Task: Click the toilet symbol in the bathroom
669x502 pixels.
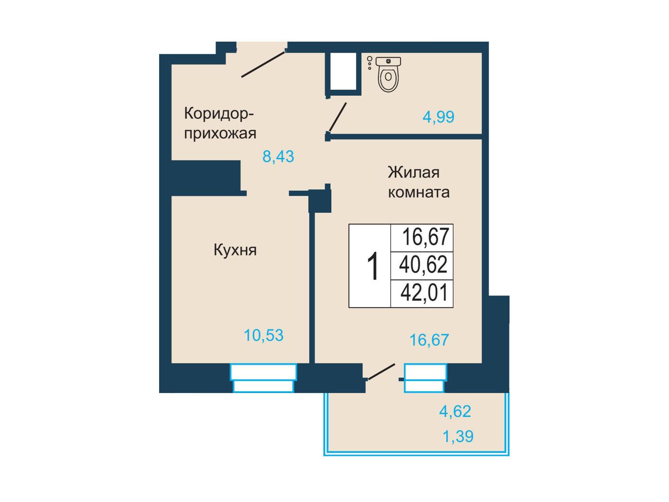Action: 388,74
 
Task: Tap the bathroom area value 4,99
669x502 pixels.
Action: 438,117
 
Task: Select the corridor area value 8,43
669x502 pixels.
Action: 278,156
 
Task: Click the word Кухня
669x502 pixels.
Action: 235,250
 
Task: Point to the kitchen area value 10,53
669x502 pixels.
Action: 264,335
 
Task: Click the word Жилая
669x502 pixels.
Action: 414,172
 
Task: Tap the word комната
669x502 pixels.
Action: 419,193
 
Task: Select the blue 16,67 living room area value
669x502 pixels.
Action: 429,340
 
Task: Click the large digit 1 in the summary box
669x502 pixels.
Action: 372,265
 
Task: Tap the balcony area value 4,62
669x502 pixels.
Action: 455,411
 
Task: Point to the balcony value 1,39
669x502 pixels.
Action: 458,436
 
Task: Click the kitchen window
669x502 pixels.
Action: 263,378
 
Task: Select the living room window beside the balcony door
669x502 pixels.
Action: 425,378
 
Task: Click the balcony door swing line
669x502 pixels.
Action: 382,372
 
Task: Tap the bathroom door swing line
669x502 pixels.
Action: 337,117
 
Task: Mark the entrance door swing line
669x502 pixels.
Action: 263,65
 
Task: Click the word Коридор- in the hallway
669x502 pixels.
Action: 219,114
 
